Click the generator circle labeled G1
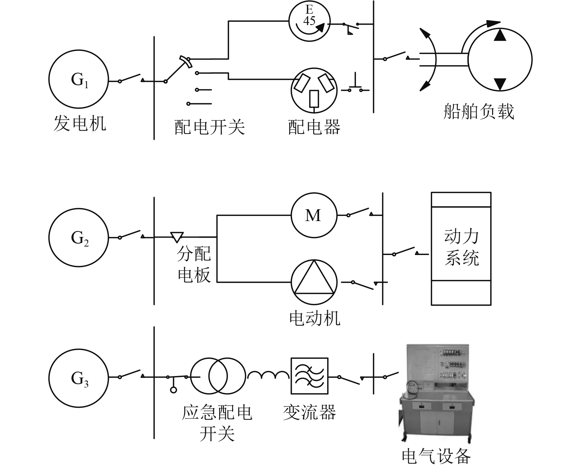[79, 79]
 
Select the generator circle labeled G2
[79, 237]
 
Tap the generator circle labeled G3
[79, 377]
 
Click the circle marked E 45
[309, 20]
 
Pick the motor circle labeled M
[314, 215]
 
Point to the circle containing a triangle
[314, 282]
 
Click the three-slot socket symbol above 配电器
[314, 90]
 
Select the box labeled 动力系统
[461, 248]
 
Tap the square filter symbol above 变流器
[309, 376]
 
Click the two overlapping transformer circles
[218, 376]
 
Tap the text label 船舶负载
[478, 111]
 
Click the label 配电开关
[209, 127]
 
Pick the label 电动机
[314, 318]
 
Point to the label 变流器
[309, 412]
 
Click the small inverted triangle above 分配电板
[177, 236]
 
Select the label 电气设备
[436, 456]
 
